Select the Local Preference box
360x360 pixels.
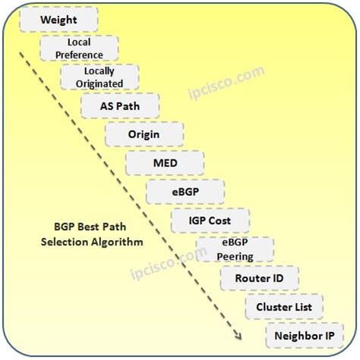click(x=79, y=48)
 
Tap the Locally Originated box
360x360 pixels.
click(x=99, y=77)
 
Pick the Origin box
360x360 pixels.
click(x=144, y=134)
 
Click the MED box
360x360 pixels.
click(x=165, y=163)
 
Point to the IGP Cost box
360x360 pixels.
click(x=210, y=220)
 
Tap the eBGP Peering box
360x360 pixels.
click(x=231, y=249)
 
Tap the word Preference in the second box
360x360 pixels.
click(x=79, y=54)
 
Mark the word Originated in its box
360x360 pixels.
click(x=99, y=83)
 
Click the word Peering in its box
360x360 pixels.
click(x=231, y=256)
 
